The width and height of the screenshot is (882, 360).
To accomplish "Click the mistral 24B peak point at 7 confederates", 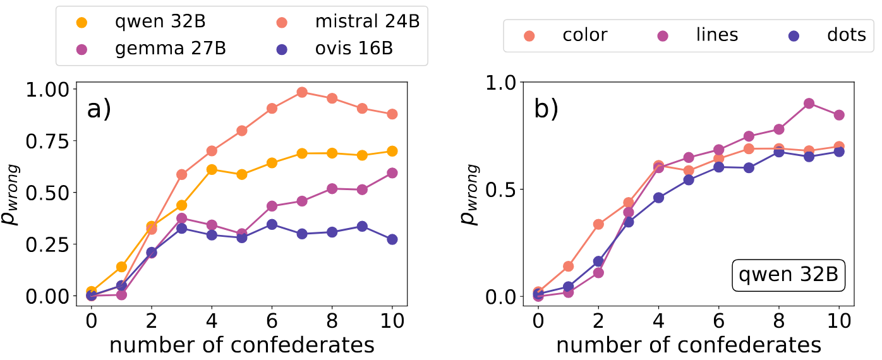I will tap(302, 92).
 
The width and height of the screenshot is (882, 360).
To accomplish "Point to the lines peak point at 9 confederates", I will tap(809, 104).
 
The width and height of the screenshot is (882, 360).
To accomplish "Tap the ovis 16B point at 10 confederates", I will tap(392, 239).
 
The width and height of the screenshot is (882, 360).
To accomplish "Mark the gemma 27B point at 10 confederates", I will tap(392, 173).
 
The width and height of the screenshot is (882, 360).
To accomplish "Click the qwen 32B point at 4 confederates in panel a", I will tap(212, 169).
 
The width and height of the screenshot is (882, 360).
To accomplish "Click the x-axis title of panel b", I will tap(689, 345).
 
